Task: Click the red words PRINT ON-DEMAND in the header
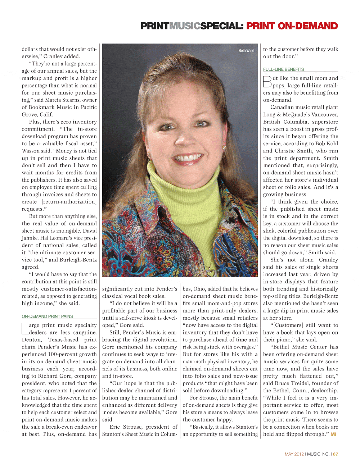pos(292,26)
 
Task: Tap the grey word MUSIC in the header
pos(185,26)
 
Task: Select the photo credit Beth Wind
pos(246,51)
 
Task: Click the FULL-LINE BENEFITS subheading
pos(283,69)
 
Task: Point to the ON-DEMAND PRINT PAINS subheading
pos(47,316)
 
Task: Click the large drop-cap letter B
pos(267,82)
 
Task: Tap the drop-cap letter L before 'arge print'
pos(25,329)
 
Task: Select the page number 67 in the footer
pos(336,454)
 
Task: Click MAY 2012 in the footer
pos(294,454)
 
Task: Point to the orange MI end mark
pos(333,434)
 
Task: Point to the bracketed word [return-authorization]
pos(69,202)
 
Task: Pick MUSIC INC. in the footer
pos(318,454)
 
